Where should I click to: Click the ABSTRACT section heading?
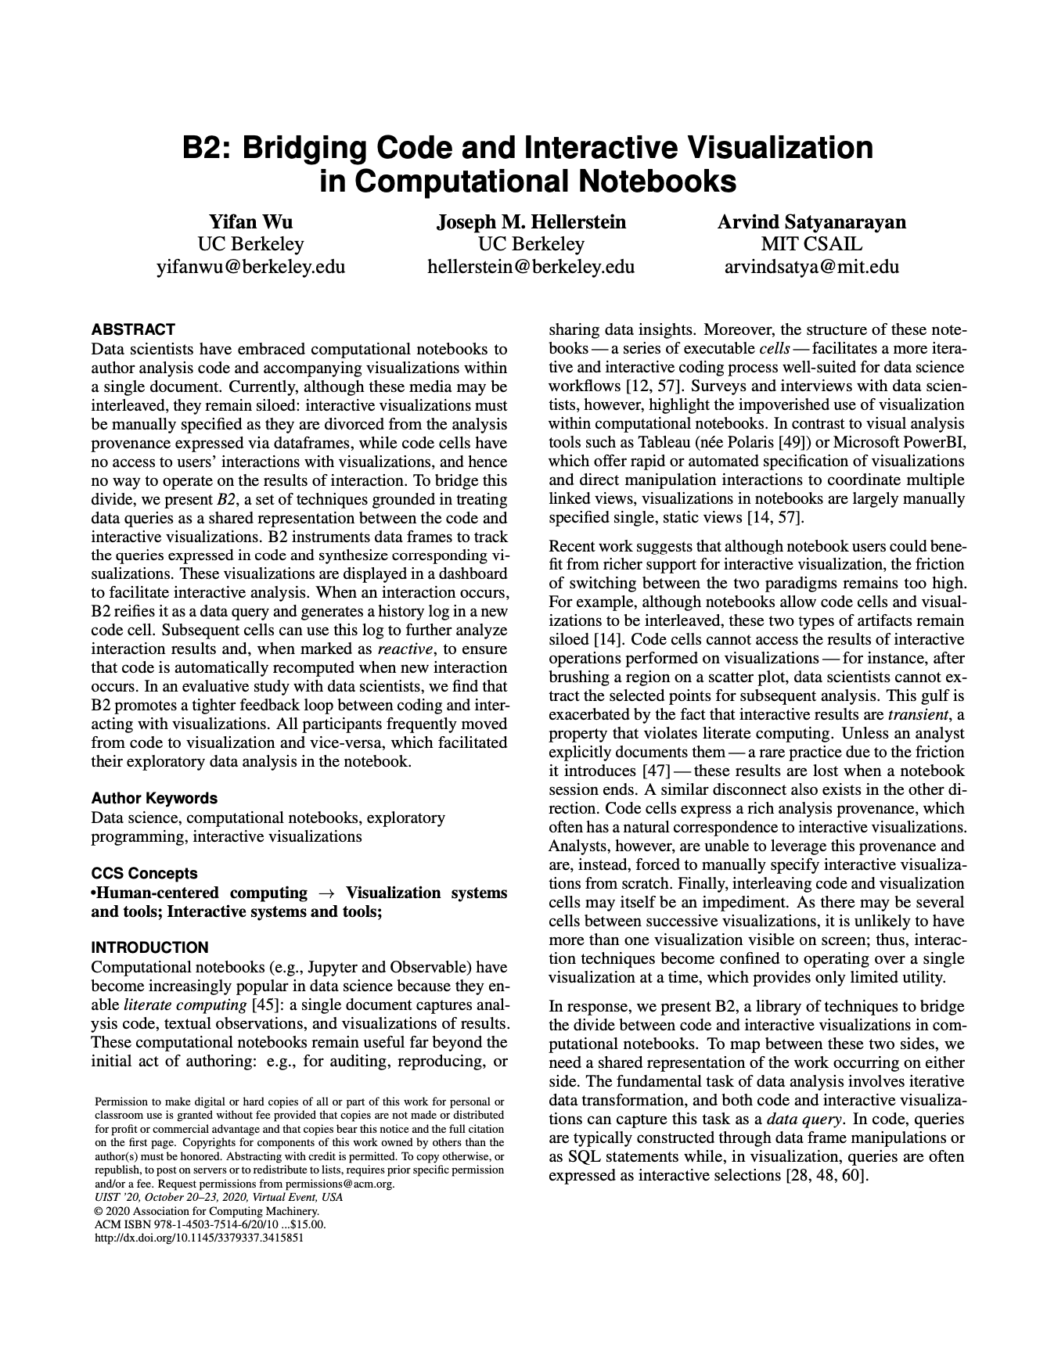(132, 329)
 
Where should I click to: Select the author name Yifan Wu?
(250, 221)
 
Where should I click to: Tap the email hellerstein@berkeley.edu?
(531, 267)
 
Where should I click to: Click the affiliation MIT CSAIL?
(811, 244)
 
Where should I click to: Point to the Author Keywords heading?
(154, 798)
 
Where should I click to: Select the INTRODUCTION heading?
(149, 947)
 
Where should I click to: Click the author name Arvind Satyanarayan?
(811, 221)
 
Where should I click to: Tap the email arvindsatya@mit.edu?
(811, 267)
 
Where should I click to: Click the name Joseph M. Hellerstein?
(531, 221)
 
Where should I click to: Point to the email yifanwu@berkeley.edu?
(250, 267)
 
